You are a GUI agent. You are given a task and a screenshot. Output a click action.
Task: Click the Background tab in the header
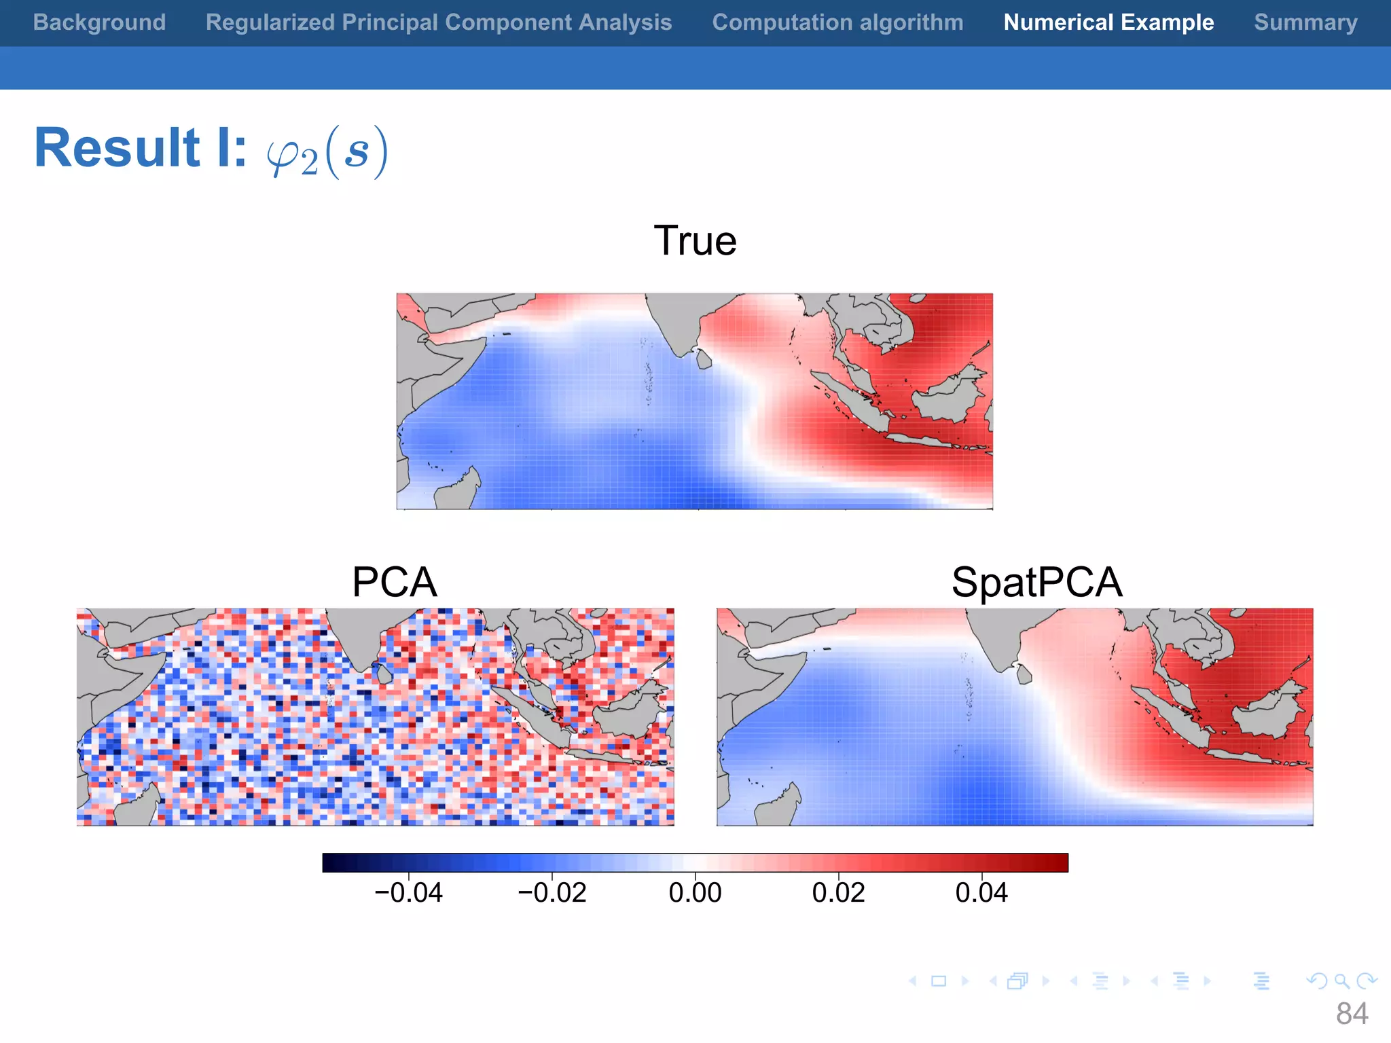[99, 22]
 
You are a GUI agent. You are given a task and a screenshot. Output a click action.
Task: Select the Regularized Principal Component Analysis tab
[439, 22]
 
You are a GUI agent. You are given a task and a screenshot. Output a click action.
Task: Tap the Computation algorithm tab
[837, 22]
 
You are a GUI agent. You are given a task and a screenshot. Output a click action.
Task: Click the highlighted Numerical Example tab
[1108, 22]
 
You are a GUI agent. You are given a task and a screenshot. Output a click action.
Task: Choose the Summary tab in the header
[1305, 22]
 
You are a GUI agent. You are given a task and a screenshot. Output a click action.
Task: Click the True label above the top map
[695, 241]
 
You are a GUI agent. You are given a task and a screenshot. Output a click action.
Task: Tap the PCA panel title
[394, 582]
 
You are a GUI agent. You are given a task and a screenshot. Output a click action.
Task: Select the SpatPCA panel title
[1036, 582]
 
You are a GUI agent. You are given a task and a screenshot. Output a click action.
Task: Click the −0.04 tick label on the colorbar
[408, 892]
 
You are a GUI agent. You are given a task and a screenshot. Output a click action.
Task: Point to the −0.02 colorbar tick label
[552, 892]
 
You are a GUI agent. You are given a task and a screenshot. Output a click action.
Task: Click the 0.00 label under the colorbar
[695, 892]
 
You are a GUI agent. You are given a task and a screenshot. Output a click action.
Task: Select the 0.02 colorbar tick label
[838, 892]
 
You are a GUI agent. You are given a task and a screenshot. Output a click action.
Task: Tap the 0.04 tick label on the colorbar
[981, 892]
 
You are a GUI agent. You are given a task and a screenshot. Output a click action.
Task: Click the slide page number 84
[1352, 1014]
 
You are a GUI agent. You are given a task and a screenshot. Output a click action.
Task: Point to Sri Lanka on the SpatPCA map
[1024, 674]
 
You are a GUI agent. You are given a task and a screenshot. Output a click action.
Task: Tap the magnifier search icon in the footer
[1341, 981]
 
